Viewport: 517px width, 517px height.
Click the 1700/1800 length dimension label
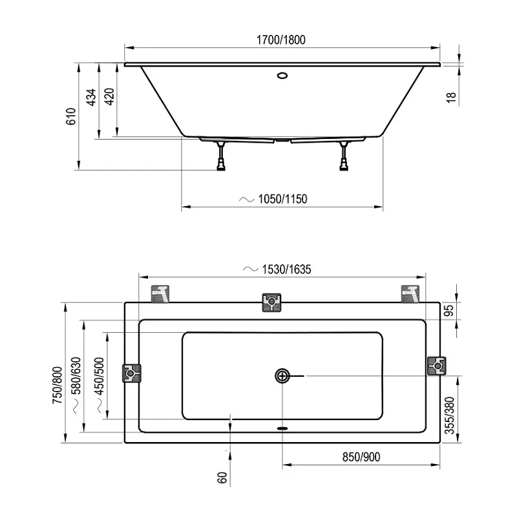pos(281,40)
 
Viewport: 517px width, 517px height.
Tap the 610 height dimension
pos(71,116)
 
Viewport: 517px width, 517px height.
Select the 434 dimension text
pos(91,98)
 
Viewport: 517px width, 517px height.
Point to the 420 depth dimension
pos(109,96)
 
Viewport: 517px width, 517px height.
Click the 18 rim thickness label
pos(451,98)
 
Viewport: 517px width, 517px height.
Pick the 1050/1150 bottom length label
pos(282,199)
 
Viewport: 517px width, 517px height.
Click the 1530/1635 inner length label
pos(286,269)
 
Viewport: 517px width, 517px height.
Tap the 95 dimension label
pos(448,311)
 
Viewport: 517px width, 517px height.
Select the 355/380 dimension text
pos(449,416)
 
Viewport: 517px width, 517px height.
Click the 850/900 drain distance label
pos(361,457)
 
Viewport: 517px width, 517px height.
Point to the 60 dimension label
pos(222,478)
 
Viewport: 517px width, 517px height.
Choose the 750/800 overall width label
pos(58,385)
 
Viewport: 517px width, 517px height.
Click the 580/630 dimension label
pos(76,376)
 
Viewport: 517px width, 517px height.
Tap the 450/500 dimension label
pos(99,376)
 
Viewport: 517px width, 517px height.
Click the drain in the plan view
pos(282,376)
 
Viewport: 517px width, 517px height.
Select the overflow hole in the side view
pos(282,76)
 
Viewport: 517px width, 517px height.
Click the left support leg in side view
pos(220,156)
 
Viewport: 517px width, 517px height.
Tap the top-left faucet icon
pos(160,293)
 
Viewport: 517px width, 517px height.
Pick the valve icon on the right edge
pos(437,366)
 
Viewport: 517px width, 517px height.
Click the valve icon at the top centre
pos(271,302)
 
